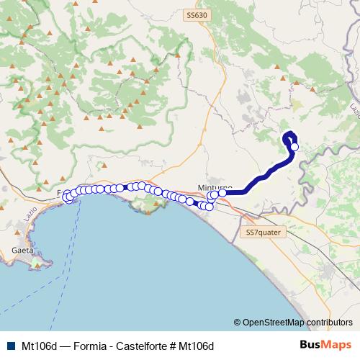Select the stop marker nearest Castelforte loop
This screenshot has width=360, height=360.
pos(294,147)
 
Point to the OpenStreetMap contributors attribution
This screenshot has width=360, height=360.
pos(297,322)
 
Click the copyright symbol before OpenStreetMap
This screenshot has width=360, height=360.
pos(238,322)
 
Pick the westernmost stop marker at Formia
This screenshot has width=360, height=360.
pos(67,196)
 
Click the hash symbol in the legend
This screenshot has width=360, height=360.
pos(173,345)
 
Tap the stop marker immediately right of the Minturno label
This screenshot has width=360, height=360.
pos(222,192)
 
